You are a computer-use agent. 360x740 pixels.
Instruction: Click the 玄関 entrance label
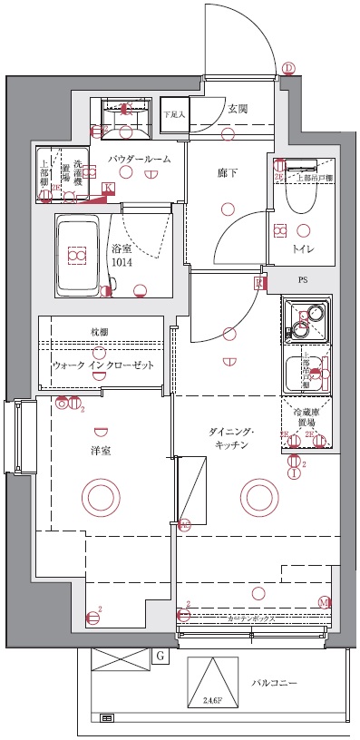pyautogui.click(x=238, y=109)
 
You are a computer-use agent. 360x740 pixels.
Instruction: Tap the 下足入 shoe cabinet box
pyautogui.click(x=174, y=115)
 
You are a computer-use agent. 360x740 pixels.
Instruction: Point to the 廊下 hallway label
pyautogui.click(x=228, y=172)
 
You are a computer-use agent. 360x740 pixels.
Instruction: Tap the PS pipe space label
pyautogui.click(x=301, y=281)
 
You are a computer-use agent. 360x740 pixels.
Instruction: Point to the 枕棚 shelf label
pyautogui.click(x=99, y=333)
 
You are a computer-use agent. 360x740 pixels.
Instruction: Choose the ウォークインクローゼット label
pyautogui.click(x=102, y=365)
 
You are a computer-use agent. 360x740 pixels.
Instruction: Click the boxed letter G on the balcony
pyautogui.click(x=160, y=655)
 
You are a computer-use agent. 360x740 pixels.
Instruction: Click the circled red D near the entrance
pyautogui.click(x=288, y=68)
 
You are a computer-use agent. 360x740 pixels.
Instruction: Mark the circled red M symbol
pyautogui.click(x=324, y=602)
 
